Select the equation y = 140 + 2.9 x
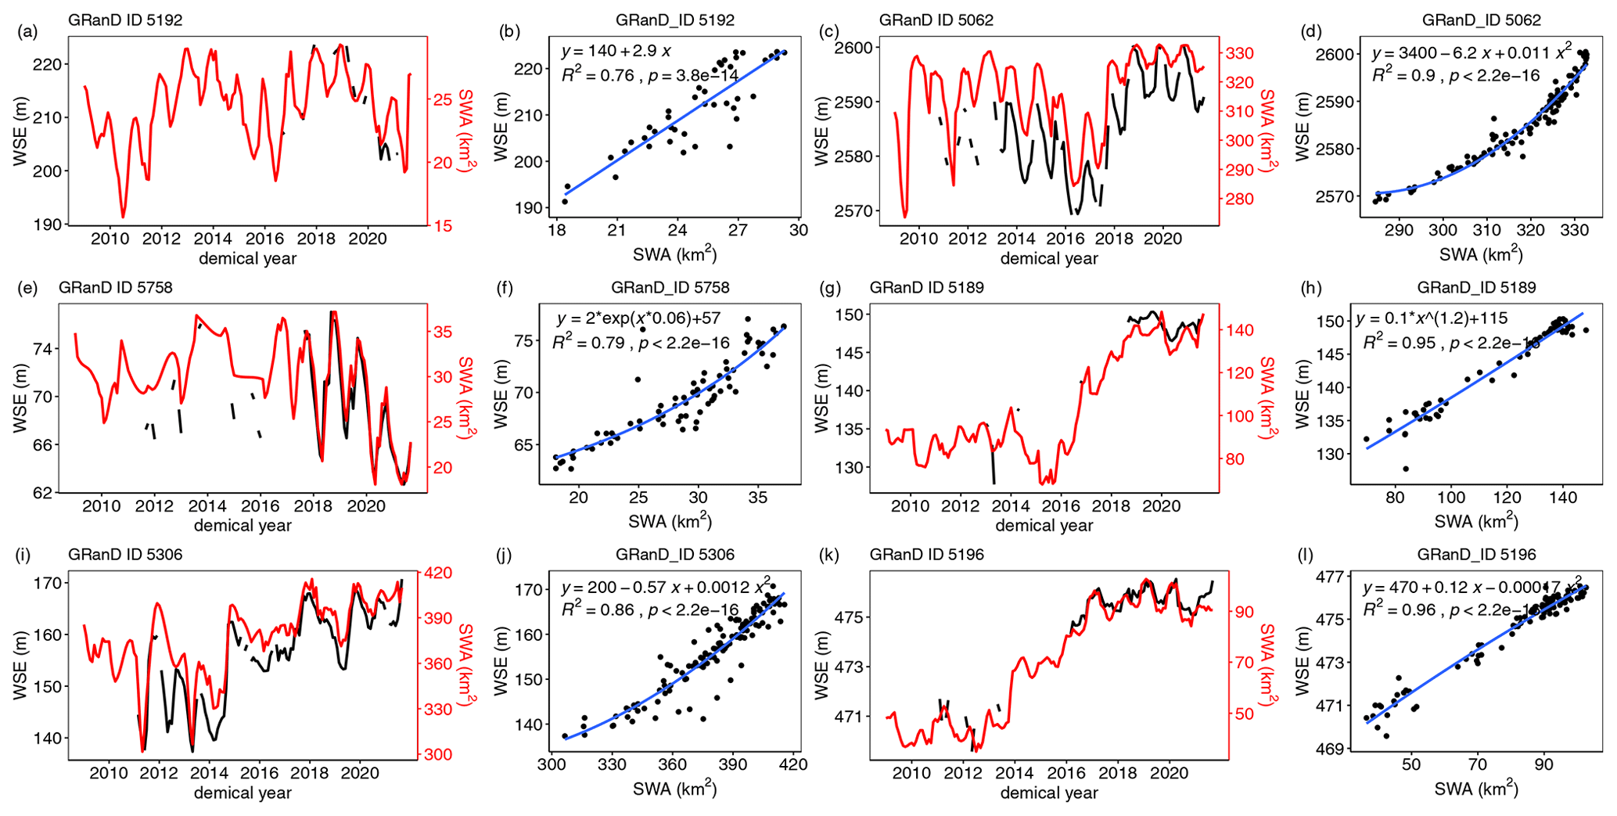click(x=616, y=52)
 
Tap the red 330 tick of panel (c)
click(x=1238, y=53)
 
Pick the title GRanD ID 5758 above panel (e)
click(x=115, y=288)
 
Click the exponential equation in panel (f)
click(x=638, y=319)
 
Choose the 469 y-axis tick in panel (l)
click(x=1330, y=749)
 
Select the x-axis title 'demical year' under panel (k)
click(x=1048, y=793)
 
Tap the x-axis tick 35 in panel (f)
click(x=757, y=498)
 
